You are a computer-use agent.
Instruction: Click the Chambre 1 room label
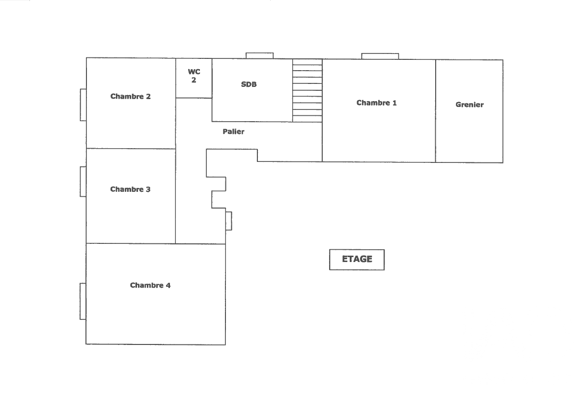[376, 103]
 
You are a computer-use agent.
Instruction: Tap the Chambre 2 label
[131, 97]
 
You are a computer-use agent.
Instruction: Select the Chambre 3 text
[130, 189]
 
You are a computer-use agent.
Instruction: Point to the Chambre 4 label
[150, 286]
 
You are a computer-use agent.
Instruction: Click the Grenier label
[470, 105]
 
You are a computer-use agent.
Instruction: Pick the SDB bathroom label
[249, 84]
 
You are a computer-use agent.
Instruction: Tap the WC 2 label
[194, 76]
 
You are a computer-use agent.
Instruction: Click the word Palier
[233, 132]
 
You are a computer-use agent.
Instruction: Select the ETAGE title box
[357, 260]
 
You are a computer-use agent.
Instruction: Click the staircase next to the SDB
[307, 91]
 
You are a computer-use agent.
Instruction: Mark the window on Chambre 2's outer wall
[83, 105]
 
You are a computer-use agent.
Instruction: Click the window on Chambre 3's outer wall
[83, 182]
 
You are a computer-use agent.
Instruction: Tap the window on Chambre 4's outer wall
[83, 301]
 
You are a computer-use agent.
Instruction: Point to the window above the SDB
[260, 56]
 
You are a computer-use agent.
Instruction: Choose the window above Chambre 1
[380, 56]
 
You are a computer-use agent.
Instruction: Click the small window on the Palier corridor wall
[229, 221]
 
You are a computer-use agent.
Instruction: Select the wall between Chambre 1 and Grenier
[435, 111]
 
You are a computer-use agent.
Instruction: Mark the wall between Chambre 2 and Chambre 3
[131, 149]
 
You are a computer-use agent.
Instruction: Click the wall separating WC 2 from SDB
[212, 78]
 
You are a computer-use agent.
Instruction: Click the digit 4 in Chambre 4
[168, 286]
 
